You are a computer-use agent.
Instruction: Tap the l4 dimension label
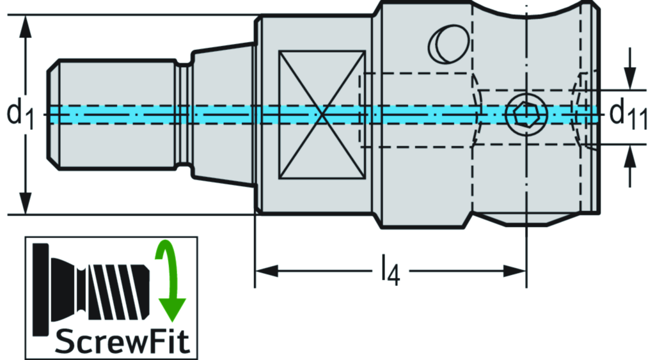(388, 271)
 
